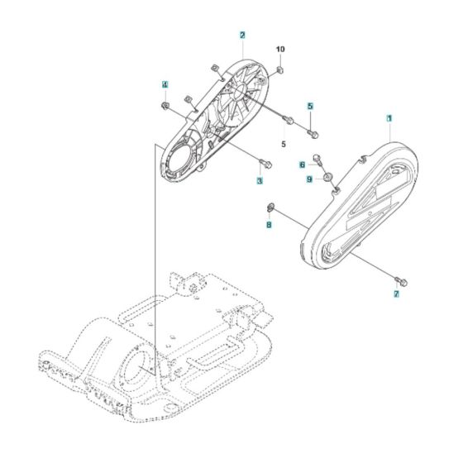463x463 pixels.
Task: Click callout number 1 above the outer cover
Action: click(x=389, y=119)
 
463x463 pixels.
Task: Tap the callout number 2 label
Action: click(x=241, y=36)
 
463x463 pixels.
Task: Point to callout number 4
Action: click(x=165, y=84)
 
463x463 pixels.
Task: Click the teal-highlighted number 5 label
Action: click(x=310, y=106)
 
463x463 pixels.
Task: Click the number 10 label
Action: click(x=280, y=50)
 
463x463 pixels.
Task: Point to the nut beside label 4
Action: click(x=165, y=106)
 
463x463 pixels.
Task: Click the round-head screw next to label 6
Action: click(x=320, y=162)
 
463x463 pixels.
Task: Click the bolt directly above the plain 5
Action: click(x=289, y=122)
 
